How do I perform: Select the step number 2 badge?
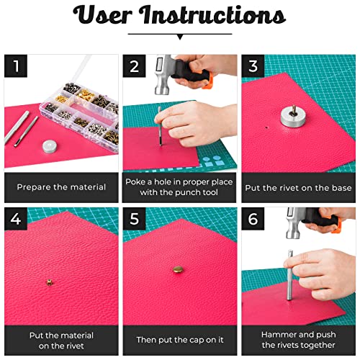134,67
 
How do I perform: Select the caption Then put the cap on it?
179,339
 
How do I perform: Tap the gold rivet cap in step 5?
177,270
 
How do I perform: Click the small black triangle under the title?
179,36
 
